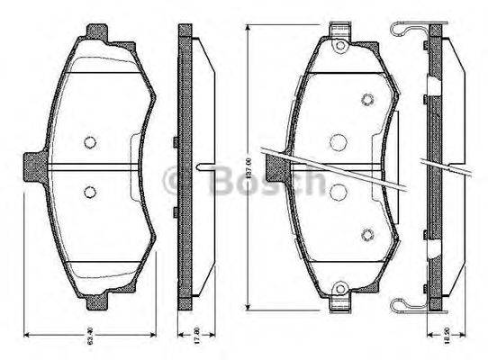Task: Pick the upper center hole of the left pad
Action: (x=89, y=140)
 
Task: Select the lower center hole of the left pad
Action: (x=89, y=192)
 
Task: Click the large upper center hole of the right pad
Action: (x=339, y=141)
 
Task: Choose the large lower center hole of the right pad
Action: (x=339, y=191)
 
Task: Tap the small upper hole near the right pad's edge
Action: (x=366, y=100)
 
